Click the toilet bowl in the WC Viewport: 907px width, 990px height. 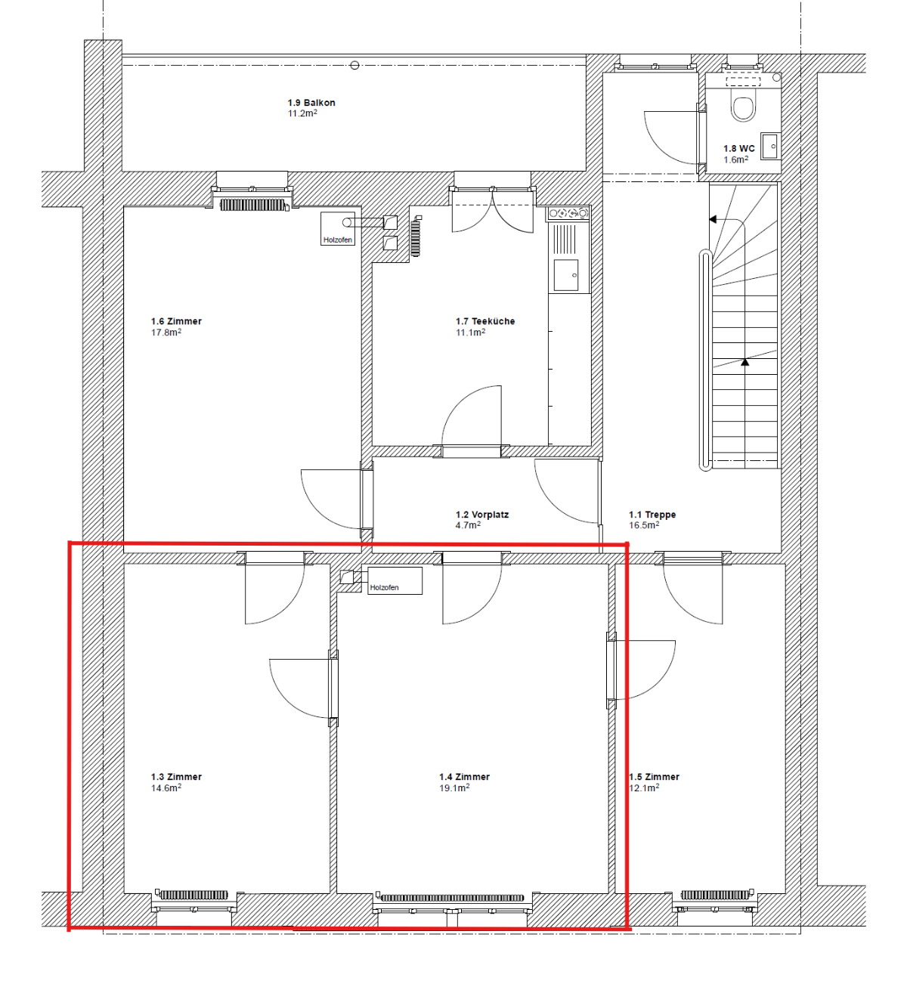pos(743,107)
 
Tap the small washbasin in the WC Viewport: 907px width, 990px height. pos(769,146)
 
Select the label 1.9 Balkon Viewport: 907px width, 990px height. pos(311,103)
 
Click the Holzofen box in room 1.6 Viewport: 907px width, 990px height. pos(338,228)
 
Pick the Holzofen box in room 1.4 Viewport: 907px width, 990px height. pos(395,580)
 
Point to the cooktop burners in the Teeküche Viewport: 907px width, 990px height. pos(568,213)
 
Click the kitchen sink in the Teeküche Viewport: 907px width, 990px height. pos(566,275)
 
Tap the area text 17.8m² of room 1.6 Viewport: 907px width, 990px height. pos(166,332)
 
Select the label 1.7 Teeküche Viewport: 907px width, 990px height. pos(484,321)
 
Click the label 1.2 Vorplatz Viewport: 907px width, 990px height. pos(482,514)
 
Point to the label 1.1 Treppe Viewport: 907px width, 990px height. pos(652,514)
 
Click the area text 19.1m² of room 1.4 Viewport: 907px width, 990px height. pos(454,787)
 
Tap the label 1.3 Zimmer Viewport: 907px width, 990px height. pos(176,777)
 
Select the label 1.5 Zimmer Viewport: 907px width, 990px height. pos(655,777)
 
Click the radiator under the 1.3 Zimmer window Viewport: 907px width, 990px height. pos(193,895)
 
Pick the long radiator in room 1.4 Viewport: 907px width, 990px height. pos(452,898)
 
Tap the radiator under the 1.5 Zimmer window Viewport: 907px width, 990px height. pos(715,894)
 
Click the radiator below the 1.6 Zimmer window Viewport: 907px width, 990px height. pos(252,204)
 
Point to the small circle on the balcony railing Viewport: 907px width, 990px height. pos(354,65)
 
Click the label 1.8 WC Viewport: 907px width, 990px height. pos(739,148)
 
